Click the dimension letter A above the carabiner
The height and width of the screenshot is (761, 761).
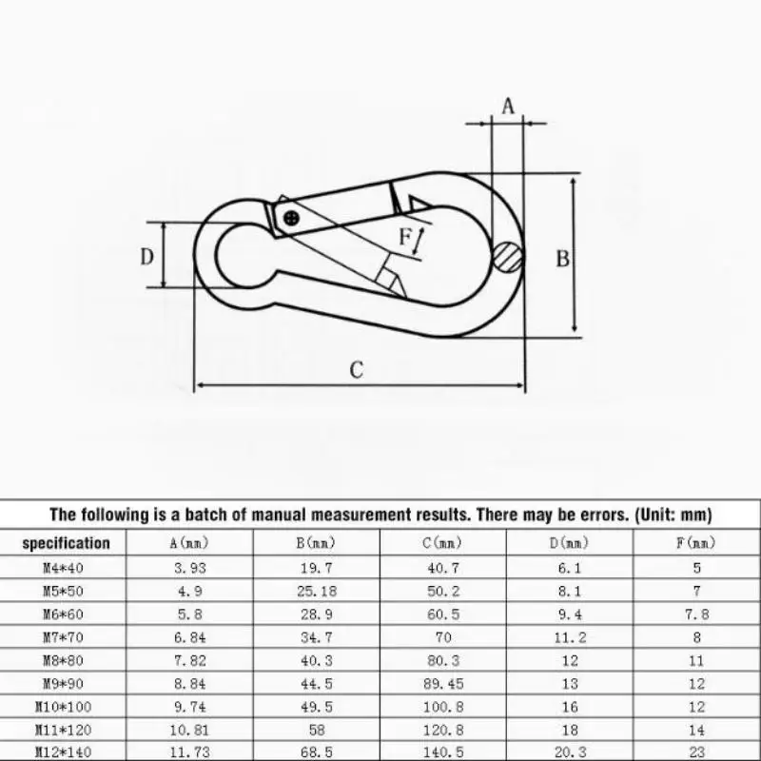(x=508, y=107)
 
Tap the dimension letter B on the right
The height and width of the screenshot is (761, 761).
(x=562, y=258)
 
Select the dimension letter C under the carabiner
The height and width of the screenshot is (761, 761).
(x=356, y=370)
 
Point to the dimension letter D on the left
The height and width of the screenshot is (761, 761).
(x=147, y=256)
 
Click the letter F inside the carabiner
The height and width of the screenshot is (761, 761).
(x=405, y=237)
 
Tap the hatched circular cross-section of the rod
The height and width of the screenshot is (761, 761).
(x=509, y=256)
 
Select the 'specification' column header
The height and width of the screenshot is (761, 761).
(x=66, y=544)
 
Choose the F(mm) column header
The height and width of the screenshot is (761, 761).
(x=696, y=544)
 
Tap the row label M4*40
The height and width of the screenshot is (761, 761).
(x=66, y=568)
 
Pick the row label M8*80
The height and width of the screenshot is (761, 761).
(x=66, y=660)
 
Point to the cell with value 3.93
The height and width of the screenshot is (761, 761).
(x=190, y=568)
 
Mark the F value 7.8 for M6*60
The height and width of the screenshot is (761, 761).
(x=696, y=615)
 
